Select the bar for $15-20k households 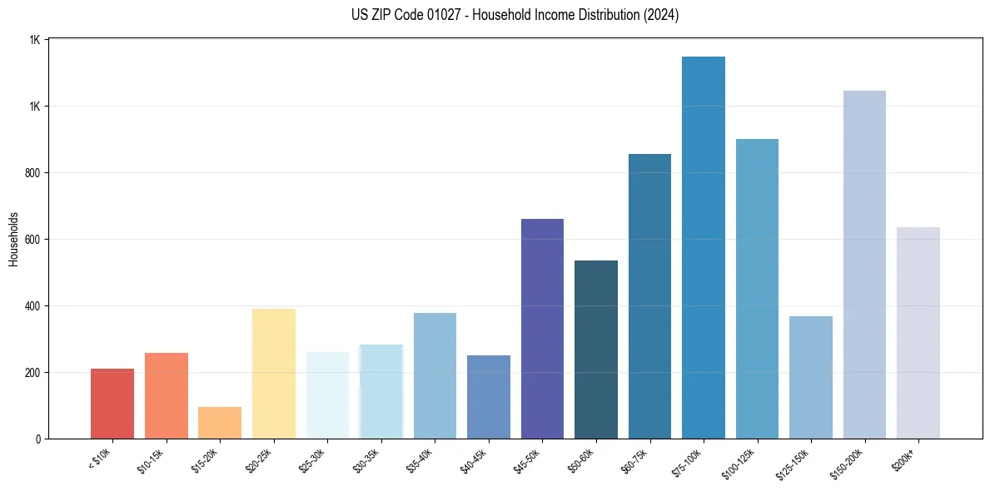(220, 423)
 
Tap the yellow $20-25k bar (274, 374)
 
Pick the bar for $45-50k (542, 329)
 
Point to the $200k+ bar (918, 333)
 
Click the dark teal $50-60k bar (596, 350)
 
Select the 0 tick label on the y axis (38, 439)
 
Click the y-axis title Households (13, 239)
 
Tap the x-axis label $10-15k (151, 460)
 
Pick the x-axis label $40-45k (474, 460)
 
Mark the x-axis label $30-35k (366, 460)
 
